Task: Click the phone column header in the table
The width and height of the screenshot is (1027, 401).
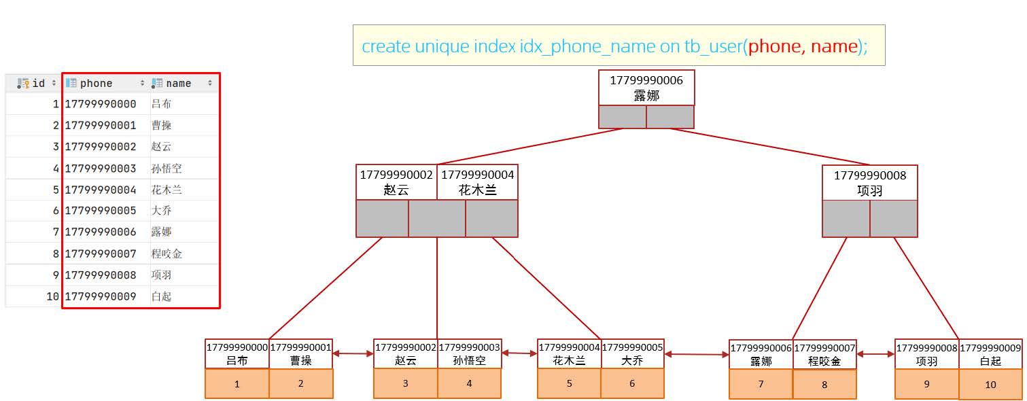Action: tap(96, 84)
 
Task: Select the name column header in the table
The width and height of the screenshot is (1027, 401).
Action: tap(179, 84)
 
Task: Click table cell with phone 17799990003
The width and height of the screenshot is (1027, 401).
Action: tap(101, 168)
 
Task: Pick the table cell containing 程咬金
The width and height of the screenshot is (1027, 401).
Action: tap(167, 254)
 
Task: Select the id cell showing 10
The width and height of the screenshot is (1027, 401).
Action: tap(52, 296)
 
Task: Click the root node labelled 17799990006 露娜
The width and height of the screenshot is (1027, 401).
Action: tap(646, 88)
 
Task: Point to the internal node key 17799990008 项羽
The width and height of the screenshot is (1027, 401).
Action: tap(869, 183)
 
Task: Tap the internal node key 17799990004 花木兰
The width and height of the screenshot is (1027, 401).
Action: tap(477, 183)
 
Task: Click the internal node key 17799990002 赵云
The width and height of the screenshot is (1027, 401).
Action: tap(396, 183)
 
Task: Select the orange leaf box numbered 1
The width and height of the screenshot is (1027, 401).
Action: tap(237, 384)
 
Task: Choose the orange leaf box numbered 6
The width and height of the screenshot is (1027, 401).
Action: tap(632, 384)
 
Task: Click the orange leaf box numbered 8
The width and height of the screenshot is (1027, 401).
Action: tap(824, 385)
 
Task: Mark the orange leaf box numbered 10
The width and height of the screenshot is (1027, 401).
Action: tap(990, 385)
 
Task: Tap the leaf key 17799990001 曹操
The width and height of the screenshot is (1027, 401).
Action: tap(301, 354)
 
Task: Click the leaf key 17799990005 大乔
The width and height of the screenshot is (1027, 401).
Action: tap(632, 354)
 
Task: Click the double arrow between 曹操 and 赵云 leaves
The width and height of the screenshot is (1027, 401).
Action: tap(353, 353)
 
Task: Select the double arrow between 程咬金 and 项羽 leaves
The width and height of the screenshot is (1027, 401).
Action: tap(875, 354)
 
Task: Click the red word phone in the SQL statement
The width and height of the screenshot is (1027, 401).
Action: tap(775, 46)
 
